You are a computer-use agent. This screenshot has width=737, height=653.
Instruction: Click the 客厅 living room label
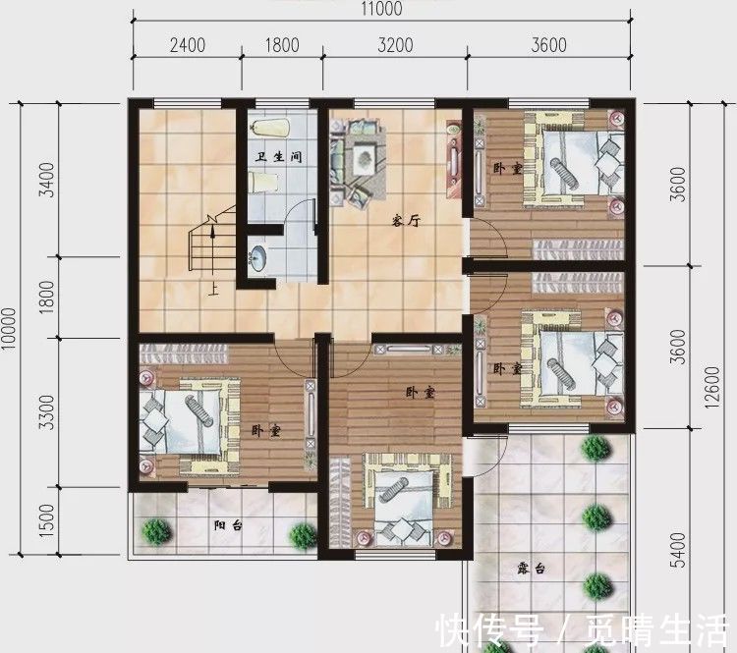click(407, 222)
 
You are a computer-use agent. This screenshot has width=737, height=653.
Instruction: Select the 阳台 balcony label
click(227, 525)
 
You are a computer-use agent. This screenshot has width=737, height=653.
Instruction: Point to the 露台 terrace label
click(532, 569)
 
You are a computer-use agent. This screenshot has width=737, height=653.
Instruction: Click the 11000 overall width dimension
click(381, 9)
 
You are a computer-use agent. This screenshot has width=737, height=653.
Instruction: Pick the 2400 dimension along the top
click(187, 44)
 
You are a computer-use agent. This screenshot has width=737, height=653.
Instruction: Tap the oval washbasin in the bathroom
click(257, 258)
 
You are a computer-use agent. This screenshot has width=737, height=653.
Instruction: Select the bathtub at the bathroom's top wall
click(266, 127)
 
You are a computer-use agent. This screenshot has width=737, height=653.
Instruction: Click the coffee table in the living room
click(363, 156)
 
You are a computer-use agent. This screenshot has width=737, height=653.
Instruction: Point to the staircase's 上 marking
click(213, 290)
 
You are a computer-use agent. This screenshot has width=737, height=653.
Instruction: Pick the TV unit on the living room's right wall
click(453, 157)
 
